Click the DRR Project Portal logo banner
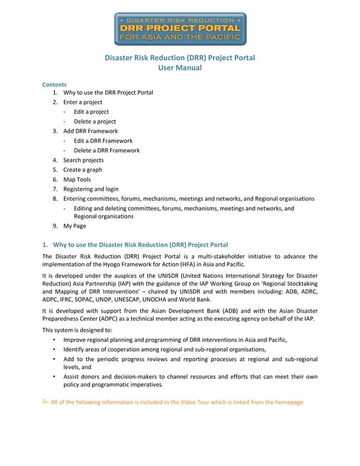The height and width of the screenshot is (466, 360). [180, 29]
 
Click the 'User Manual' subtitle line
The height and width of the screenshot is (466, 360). [179, 68]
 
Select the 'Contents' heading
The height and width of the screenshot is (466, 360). [54, 84]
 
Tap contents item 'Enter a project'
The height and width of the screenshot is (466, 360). [82, 102]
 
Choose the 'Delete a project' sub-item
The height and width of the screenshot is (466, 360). [95, 121]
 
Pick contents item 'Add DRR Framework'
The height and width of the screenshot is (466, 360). [90, 131]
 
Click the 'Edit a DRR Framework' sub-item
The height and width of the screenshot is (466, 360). [103, 140]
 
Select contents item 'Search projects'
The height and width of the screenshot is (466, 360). [83, 160]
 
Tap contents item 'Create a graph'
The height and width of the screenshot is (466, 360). [82, 170]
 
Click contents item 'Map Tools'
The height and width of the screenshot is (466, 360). [77, 179]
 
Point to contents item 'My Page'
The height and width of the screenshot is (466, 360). [74, 226]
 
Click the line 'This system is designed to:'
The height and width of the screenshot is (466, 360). [77, 329]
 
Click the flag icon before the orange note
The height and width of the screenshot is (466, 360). [46, 402]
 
